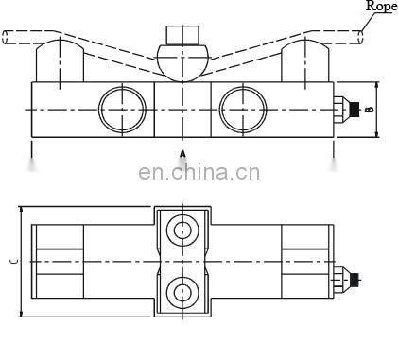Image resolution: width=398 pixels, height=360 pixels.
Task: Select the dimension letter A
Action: point(182,150)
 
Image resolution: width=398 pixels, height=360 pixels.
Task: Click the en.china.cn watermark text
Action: point(199,172)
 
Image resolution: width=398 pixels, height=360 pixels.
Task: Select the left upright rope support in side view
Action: point(54,63)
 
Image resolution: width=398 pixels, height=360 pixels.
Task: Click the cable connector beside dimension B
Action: point(348,110)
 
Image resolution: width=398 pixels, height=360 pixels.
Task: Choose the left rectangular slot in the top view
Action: point(59,262)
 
